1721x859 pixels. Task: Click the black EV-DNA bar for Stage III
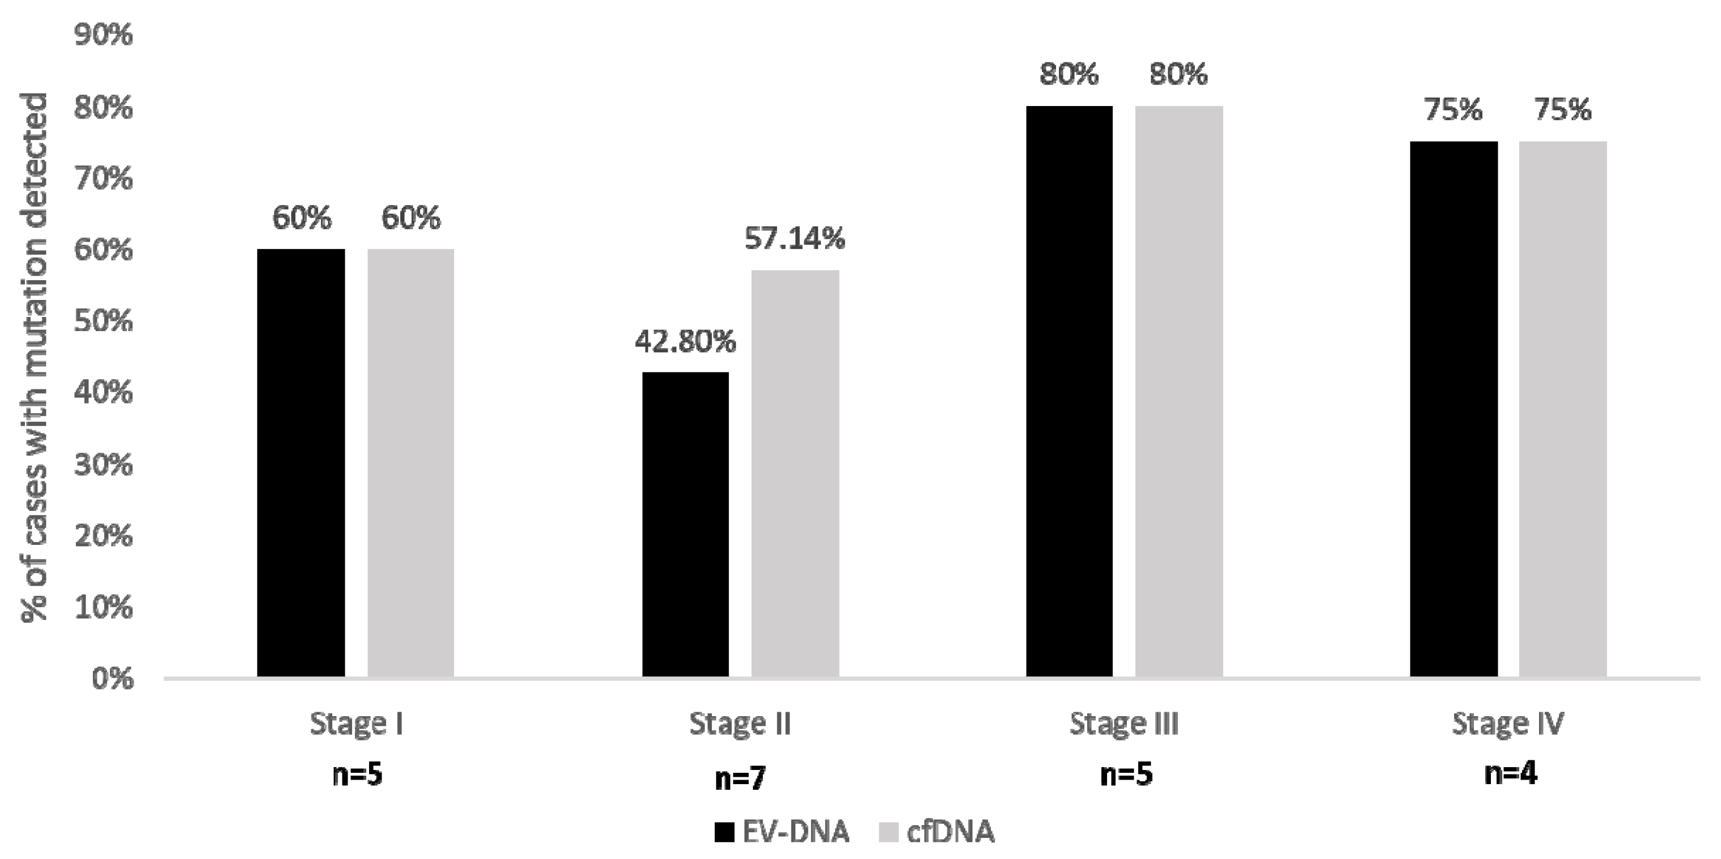[x=1070, y=391]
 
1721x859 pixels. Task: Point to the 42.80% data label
[x=685, y=342]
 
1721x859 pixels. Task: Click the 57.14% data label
[x=795, y=239]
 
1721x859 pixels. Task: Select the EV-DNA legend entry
[x=782, y=832]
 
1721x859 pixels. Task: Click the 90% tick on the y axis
[x=104, y=35]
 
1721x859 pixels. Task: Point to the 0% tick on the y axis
[x=112, y=679]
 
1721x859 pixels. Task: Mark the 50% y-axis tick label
[x=104, y=321]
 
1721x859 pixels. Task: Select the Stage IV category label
[x=1508, y=724]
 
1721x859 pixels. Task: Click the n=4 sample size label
[x=1511, y=773]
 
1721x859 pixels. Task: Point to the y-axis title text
[x=35, y=358]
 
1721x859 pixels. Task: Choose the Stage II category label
[x=740, y=724]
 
